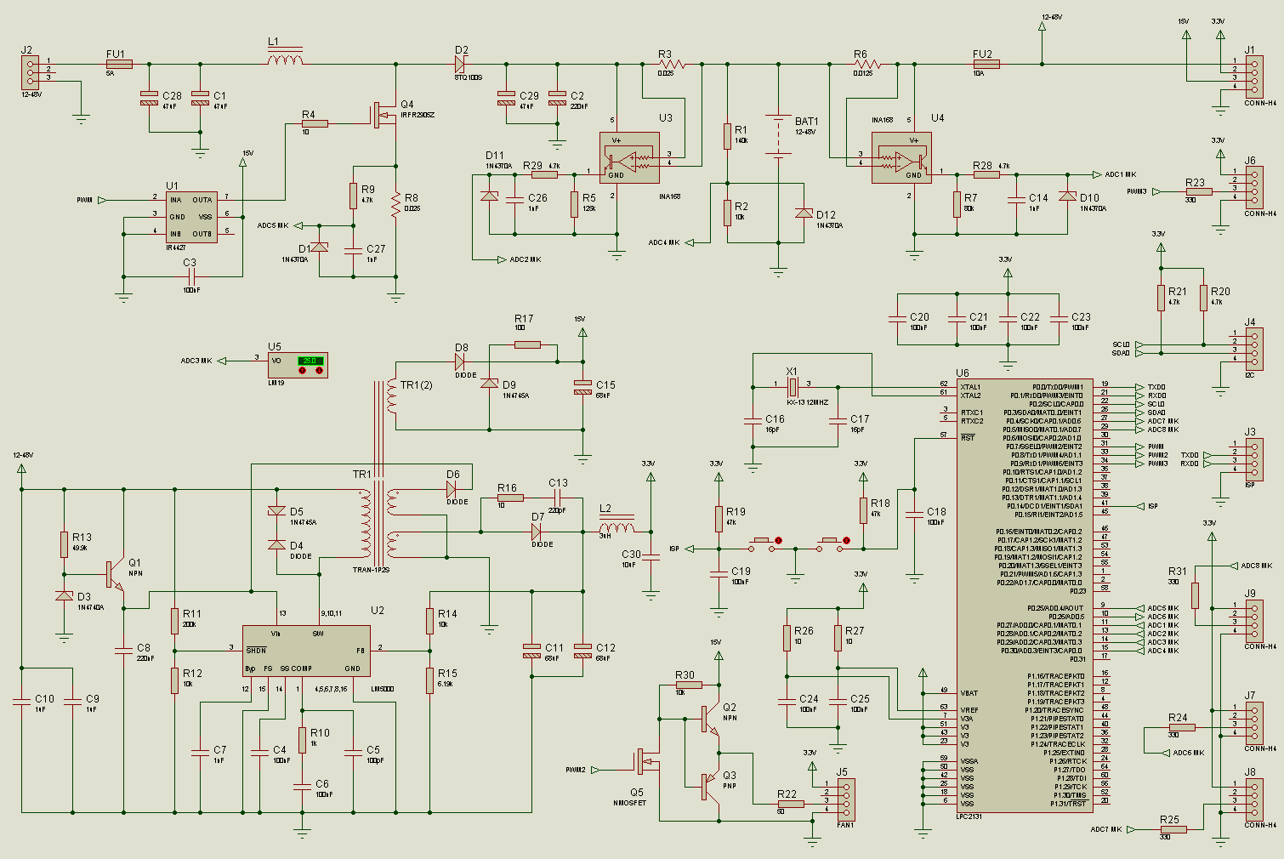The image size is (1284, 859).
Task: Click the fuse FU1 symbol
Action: [x=119, y=64]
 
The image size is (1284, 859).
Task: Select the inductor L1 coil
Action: [x=285, y=60]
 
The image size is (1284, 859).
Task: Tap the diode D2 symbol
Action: [x=460, y=64]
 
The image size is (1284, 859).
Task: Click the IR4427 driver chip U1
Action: [x=190, y=217]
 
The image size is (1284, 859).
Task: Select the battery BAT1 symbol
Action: [x=778, y=136]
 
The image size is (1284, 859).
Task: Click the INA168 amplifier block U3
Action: [x=628, y=157]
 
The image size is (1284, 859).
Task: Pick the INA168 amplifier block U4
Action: [x=901, y=157]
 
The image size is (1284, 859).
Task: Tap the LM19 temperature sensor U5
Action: [x=297, y=365]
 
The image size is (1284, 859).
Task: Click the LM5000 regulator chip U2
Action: [x=306, y=651]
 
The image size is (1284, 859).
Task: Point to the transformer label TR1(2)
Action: [x=416, y=385]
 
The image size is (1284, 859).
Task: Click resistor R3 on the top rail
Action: [x=671, y=64]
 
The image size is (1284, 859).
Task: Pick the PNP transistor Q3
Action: [x=710, y=787]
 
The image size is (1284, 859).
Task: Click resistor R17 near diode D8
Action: [x=527, y=344]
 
